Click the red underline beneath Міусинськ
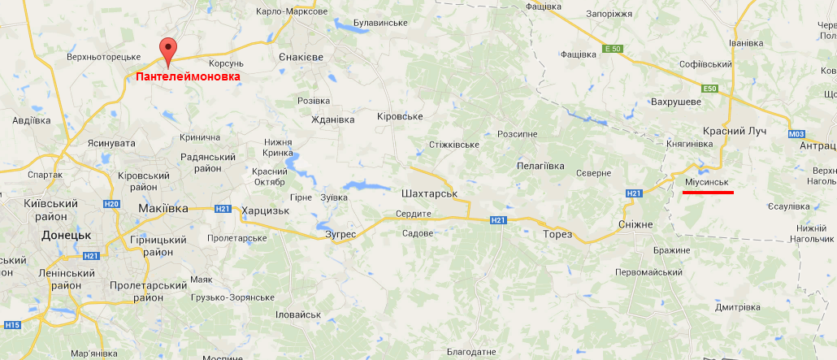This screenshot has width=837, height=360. (708, 193)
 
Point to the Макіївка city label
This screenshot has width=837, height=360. (163, 209)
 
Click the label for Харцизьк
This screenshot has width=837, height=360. (265, 210)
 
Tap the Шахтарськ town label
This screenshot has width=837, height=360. (426, 194)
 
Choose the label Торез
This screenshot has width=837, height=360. (557, 234)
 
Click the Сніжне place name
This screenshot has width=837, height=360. (635, 223)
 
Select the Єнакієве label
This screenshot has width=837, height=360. (301, 57)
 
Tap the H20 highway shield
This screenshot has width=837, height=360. (112, 203)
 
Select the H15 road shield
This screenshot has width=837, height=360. (11, 326)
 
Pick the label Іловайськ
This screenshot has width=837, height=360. (298, 314)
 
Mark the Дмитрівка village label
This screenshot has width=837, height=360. (737, 307)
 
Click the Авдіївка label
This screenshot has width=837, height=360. (32, 120)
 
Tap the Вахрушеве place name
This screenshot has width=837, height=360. (675, 102)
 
